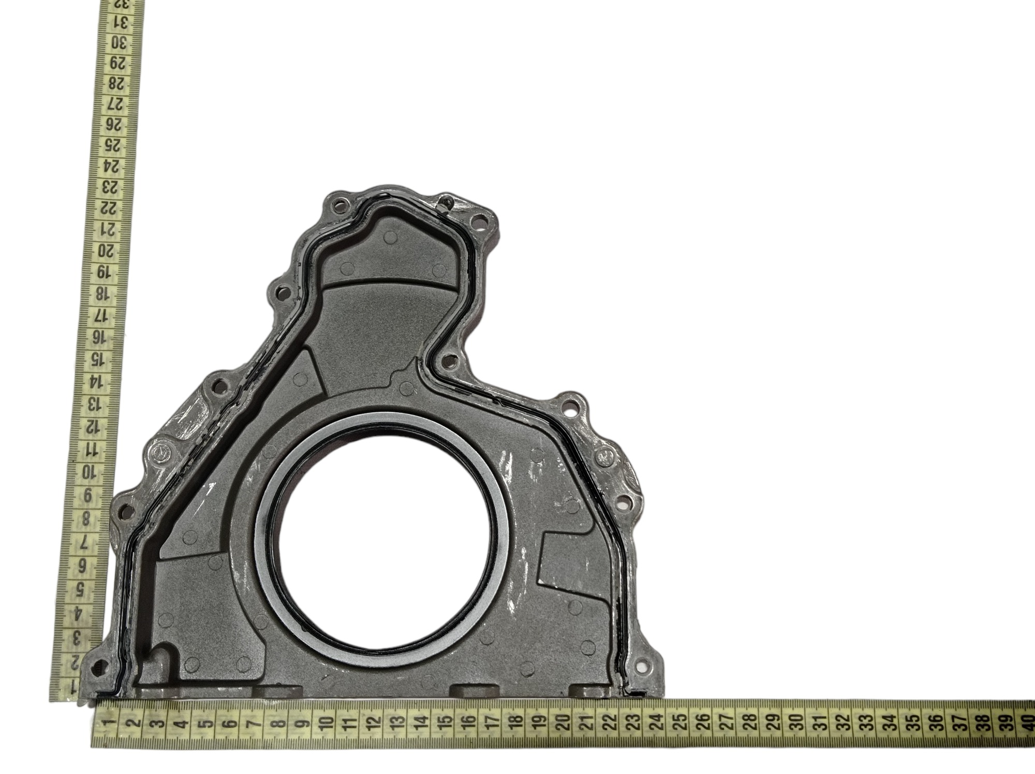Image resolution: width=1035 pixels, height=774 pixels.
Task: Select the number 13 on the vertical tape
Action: pyautogui.click(x=93, y=403)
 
